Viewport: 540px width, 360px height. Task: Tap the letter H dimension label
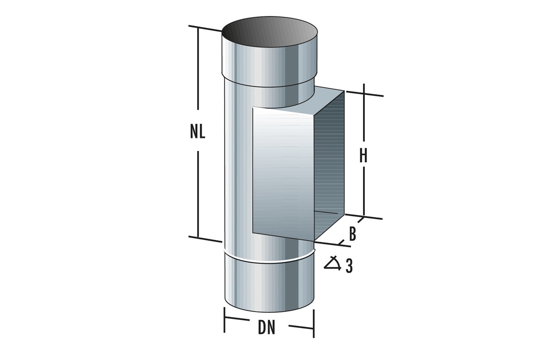coord(364,156)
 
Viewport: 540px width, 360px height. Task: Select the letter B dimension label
coord(353,234)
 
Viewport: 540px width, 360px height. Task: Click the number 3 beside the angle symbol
coord(349,266)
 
